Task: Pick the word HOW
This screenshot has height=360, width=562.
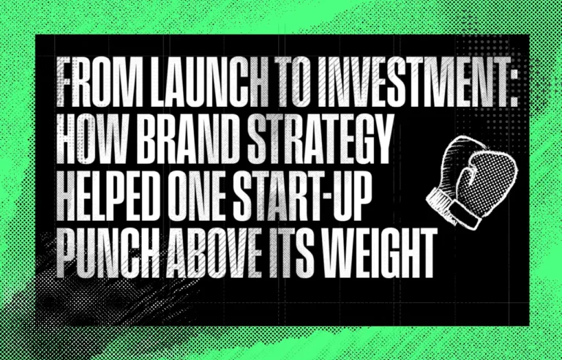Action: pyautogui.click(x=93, y=139)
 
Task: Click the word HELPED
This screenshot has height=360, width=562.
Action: pyautogui.click(x=108, y=196)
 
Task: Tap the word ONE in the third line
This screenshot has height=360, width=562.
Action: pyautogui.click(x=196, y=196)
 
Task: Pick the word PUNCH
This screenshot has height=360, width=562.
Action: pyautogui.click(x=108, y=252)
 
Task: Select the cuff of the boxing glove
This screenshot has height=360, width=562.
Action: pyautogui.click(x=452, y=209)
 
